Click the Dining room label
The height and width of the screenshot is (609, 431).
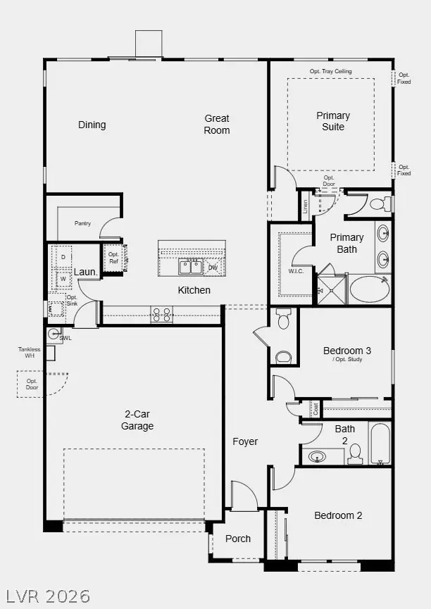coord(92,125)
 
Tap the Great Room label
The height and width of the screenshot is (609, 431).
coord(217,124)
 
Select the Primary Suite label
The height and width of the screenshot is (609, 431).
coord(333,121)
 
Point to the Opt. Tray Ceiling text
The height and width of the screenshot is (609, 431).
coord(330,72)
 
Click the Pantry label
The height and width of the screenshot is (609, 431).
coord(83,223)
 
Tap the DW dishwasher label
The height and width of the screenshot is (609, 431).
coord(213,268)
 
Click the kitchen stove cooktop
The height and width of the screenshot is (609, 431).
coord(162,314)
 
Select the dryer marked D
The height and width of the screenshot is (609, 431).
coord(63,258)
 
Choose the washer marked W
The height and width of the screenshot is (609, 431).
coord(63,278)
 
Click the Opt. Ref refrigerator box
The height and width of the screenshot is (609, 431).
coord(113,258)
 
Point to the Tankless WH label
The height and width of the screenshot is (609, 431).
coord(30,353)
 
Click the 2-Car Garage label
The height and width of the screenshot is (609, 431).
coord(137,420)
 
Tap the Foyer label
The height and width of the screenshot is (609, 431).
coord(246,441)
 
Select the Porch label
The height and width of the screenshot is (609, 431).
coord(238,539)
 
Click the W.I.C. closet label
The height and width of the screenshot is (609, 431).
coord(295,271)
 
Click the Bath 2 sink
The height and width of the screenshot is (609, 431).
coord(317,456)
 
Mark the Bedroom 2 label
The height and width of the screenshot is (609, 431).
coord(338,515)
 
